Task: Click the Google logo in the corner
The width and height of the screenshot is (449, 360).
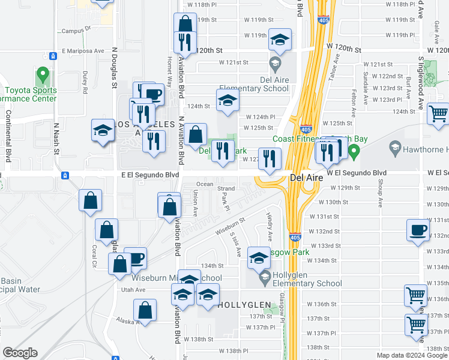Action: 21,352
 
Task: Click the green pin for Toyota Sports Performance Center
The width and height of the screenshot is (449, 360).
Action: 41,76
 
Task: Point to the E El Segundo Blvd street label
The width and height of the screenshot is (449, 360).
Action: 150,175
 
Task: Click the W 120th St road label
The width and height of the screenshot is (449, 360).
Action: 344,46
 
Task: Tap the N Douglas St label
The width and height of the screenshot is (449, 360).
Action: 113,67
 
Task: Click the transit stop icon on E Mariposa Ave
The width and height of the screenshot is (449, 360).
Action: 53,56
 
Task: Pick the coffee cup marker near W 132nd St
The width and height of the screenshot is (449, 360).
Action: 417,230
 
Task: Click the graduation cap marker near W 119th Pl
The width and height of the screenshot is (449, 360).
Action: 280,40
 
